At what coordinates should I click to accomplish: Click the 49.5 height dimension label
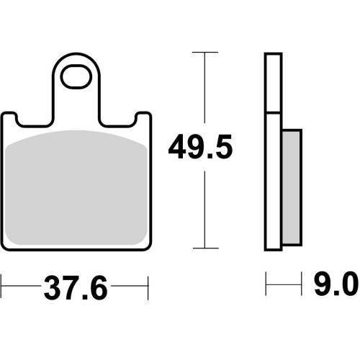200,147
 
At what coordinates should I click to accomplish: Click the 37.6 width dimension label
76,288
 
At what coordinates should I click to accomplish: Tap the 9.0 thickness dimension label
336,284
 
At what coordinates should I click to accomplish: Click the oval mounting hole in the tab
76,76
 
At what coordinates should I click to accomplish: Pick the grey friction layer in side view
292,187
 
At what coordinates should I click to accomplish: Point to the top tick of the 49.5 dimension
205,52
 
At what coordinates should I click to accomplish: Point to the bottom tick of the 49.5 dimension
206,248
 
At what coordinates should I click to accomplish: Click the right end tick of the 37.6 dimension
148,288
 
